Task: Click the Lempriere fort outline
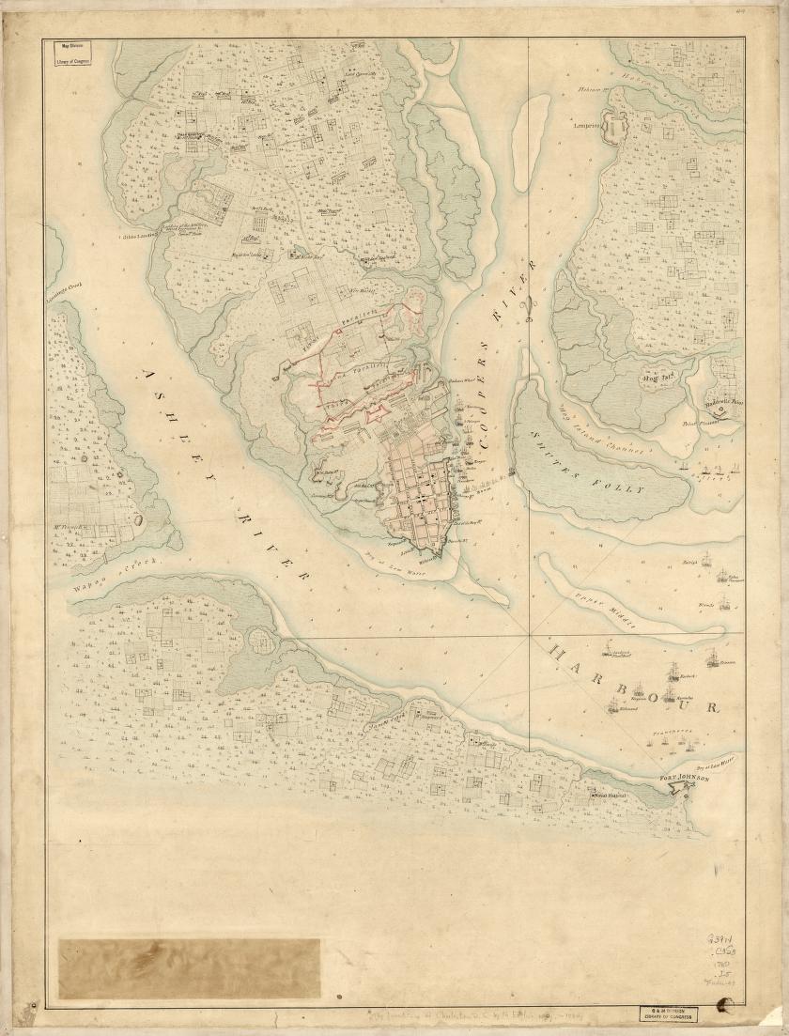click(615, 122)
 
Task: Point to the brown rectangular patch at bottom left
click(189, 967)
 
